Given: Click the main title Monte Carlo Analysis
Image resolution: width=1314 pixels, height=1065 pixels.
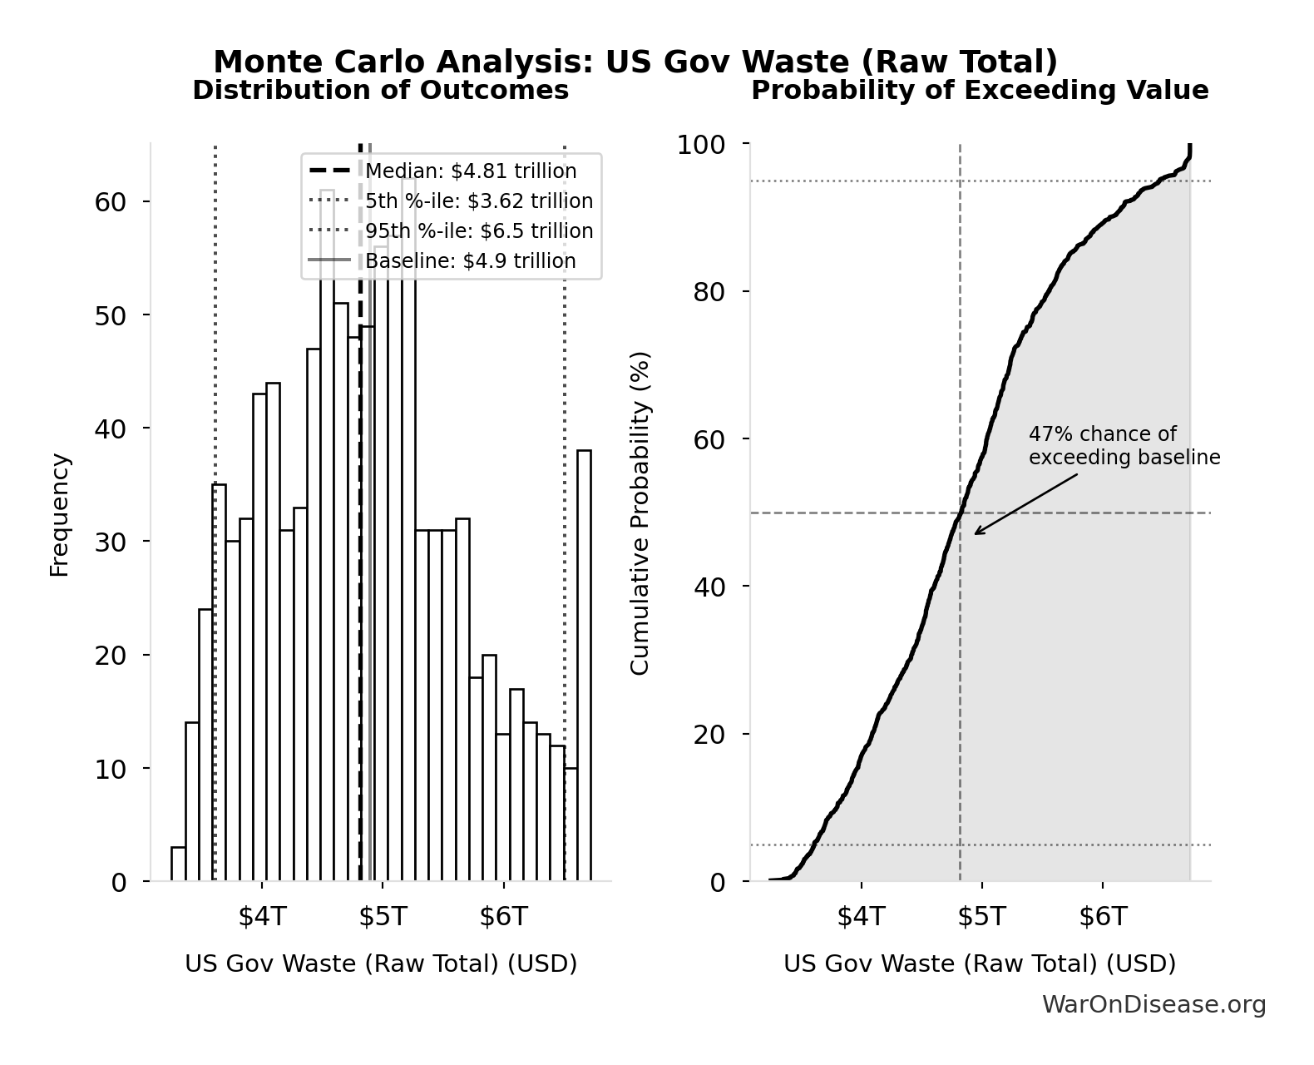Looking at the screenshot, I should [635, 62].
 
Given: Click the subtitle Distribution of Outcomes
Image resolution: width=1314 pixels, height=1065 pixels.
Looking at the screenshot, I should [381, 91].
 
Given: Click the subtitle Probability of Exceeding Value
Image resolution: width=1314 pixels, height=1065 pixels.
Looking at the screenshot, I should [980, 91].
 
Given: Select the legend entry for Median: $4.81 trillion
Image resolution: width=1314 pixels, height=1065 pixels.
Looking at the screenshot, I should [471, 171].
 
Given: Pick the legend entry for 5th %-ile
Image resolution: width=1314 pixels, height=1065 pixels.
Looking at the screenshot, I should [479, 201].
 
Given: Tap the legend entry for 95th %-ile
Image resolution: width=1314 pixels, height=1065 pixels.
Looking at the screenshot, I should [479, 231].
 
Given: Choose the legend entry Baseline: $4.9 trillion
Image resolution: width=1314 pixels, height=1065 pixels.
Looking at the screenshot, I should [471, 261].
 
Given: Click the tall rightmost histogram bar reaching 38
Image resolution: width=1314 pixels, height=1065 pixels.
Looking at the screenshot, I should [584, 666].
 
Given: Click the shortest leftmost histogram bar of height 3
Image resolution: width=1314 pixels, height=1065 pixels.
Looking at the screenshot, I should [178, 864].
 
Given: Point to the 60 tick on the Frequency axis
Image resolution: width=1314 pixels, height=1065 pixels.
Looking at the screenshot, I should [110, 202].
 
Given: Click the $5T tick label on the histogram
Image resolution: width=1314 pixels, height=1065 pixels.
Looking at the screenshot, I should [383, 917].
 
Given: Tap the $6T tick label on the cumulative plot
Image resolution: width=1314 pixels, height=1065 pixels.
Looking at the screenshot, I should [1103, 917].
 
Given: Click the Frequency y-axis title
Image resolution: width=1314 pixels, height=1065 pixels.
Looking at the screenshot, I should [59, 514].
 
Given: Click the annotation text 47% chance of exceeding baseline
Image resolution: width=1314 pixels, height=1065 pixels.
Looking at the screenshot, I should [1124, 446].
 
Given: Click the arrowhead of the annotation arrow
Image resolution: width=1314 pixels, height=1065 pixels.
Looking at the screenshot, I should [976, 533].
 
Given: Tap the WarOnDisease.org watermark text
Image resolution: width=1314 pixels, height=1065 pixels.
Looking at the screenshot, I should [1153, 1005].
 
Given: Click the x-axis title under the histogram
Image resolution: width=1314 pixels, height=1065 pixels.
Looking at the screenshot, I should [381, 963].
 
